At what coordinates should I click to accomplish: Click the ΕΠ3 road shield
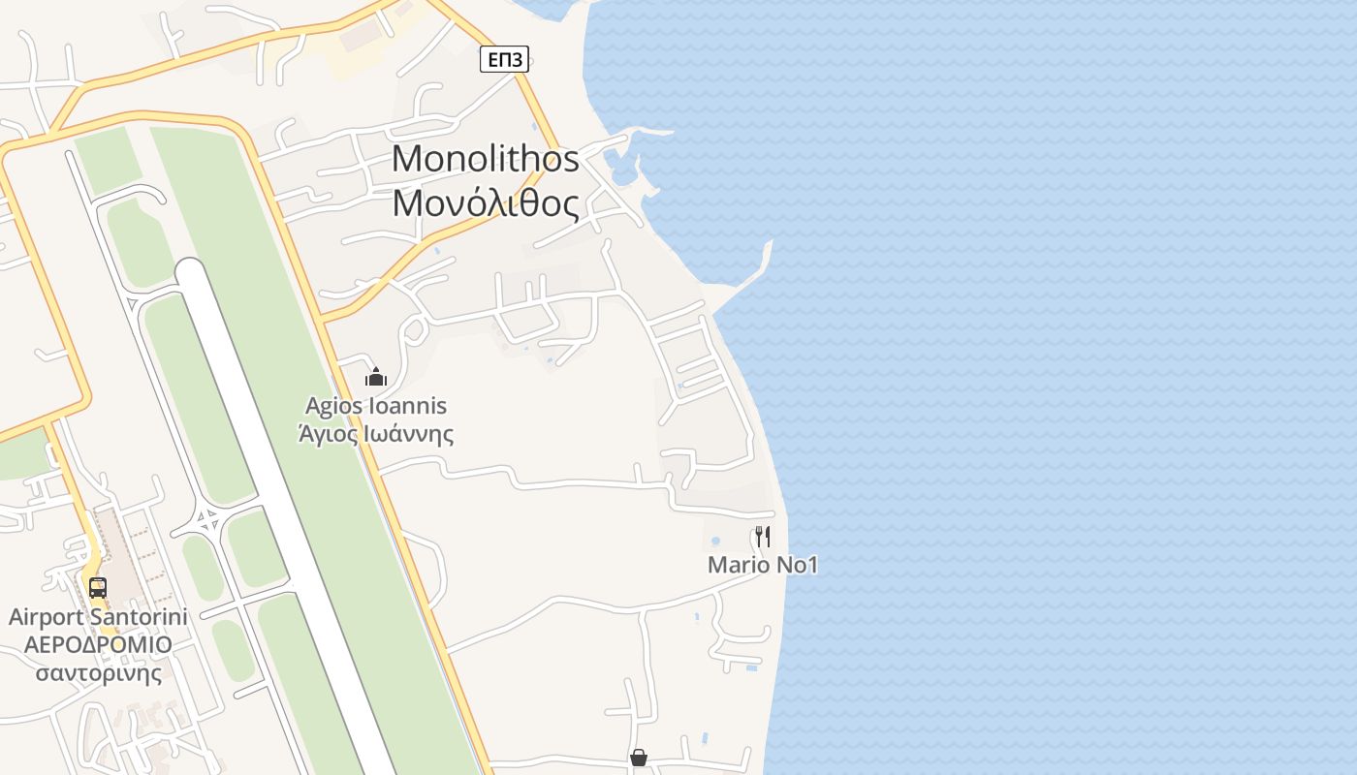(x=504, y=60)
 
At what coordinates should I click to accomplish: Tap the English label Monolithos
(x=486, y=159)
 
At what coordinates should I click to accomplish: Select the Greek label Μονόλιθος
(x=486, y=203)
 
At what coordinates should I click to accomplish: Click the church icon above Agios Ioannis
(x=375, y=377)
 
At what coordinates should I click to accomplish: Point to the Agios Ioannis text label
(x=376, y=406)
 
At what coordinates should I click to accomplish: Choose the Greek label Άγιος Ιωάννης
(x=376, y=433)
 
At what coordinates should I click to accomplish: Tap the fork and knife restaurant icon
(x=763, y=536)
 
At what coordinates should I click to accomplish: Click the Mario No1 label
(x=763, y=565)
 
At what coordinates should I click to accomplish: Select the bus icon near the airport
(x=98, y=587)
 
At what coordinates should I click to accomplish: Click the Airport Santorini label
(x=98, y=617)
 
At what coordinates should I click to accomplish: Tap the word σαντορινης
(x=98, y=672)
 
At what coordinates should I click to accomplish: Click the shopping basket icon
(x=638, y=758)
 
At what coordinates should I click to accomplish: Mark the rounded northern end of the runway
(x=191, y=272)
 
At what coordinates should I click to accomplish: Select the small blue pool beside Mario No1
(x=715, y=541)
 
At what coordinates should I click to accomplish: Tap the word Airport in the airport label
(x=47, y=617)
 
